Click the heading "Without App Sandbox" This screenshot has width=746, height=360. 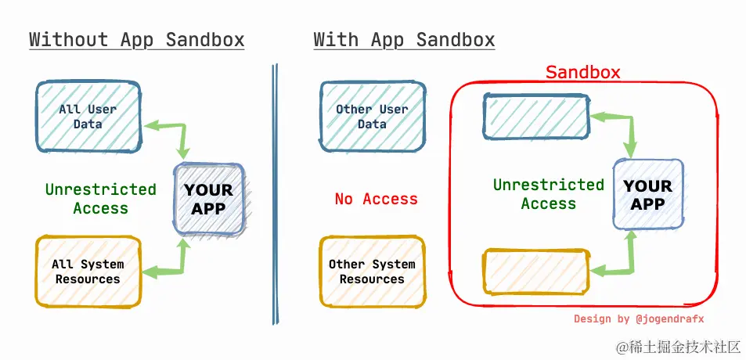pyautogui.click(x=136, y=40)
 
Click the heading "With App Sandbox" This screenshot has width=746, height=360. pyautogui.click(x=404, y=40)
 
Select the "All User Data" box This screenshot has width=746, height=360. pyautogui.click(x=88, y=117)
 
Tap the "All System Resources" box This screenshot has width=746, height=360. pyautogui.click(x=88, y=272)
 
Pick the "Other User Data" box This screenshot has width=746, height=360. pyautogui.click(x=372, y=117)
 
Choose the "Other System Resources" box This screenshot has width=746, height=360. pyautogui.click(x=372, y=272)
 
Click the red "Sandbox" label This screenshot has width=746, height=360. pyautogui.click(x=582, y=73)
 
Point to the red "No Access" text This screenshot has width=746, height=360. pyautogui.click(x=376, y=199)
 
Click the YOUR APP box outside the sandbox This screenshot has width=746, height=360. pyautogui.click(x=209, y=199)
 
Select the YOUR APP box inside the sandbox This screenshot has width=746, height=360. pyautogui.click(x=648, y=194)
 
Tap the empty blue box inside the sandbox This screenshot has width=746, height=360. pyautogui.click(x=536, y=117)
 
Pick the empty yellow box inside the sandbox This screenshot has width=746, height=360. pyautogui.click(x=536, y=272)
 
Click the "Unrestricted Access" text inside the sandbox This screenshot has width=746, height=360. pyautogui.click(x=549, y=194)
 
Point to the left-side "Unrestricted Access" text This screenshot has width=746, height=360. pyautogui.click(x=100, y=199)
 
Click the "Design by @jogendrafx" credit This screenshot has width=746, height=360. pyautogui.click(x=639, y=319)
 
